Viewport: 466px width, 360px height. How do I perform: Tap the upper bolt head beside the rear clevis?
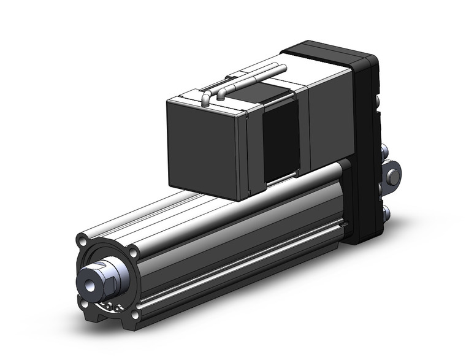(x=385, y=150)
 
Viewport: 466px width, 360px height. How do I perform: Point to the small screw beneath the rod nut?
(x=109, y=305)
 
